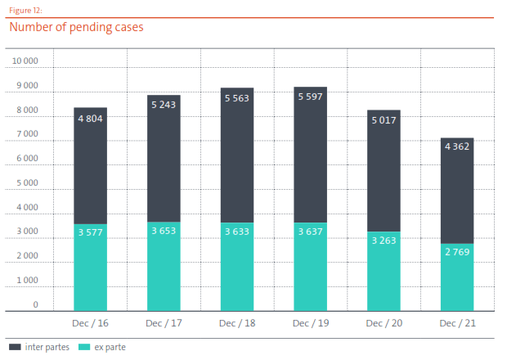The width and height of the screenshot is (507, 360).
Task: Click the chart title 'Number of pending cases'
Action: pos(76,27)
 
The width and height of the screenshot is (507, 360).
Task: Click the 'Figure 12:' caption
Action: pos(25,10)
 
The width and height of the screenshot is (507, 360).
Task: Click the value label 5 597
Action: pos(310,97)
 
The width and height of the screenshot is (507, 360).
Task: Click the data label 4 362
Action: pos(456,147)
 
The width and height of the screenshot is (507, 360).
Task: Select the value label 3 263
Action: pos(384,241)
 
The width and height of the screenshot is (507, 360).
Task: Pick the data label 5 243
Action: pos(164,105)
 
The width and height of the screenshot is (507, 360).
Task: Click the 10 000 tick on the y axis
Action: pos(25,61)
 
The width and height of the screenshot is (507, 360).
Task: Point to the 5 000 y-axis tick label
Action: pos(28,182)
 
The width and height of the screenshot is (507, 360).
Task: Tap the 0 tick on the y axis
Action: pos(35,304)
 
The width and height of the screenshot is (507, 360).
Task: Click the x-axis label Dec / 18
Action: pos(236,323)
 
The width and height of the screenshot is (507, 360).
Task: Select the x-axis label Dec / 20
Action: pos(384,323)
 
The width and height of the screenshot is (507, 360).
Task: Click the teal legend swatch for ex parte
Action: pos(83,348)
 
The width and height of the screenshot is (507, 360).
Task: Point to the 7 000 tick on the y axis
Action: pos(28,134)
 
